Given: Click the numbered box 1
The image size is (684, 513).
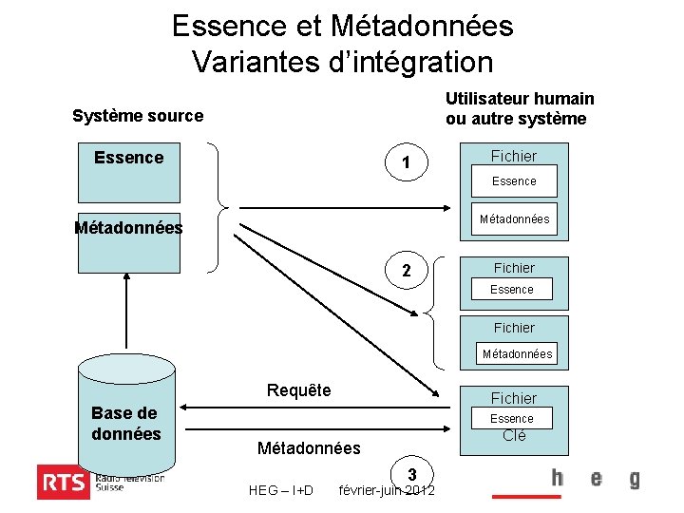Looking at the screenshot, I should (x=406, y=163).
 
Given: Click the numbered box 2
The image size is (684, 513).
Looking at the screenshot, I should (x=406, y=272).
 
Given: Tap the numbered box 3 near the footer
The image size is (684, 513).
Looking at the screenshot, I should (x=412, y=474).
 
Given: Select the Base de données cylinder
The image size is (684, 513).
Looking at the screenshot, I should (x=126, y=418).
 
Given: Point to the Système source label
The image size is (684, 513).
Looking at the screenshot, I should (x=138, y=116).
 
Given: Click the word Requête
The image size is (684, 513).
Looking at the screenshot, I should (x=298, y=390).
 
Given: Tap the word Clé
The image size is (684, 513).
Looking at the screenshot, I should (x=513, y=436).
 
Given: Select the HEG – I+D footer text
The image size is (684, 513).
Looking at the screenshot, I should (x=280, y=490).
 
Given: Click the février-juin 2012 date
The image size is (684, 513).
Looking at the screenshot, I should (x=387, y=490).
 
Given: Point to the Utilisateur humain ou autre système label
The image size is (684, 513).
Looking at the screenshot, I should (x=520, y=109).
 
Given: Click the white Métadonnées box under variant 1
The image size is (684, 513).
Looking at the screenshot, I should (x=514, y=219).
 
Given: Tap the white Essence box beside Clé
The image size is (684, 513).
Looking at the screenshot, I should (x=512, y=418).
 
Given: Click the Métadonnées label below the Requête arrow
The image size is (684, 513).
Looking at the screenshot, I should (x=309, y=447).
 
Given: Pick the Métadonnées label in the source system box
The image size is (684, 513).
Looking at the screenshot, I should (x=128, y=228).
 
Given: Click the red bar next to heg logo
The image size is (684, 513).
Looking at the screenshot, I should (x=520, y=495).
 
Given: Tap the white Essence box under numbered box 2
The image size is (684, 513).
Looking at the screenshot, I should (x=512, y=289).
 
